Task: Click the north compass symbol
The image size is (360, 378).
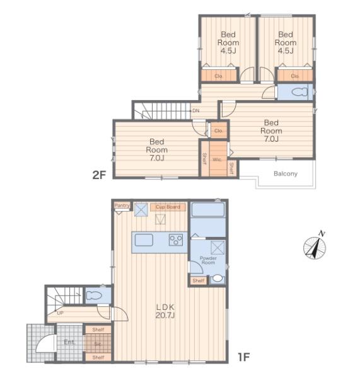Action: pyautogui.click(x=315, y=248)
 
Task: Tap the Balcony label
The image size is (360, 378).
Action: pyautogui.click(x=286, y=174)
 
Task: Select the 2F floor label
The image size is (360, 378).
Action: pyautogui.click(x=99, y=175)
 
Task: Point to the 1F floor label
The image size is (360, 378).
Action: pyautogui.click(x=244, y=357)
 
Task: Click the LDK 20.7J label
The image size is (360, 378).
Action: pyautogui.click(x=165, y=311)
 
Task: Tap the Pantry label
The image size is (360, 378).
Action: pyautogui.click(x=122, y=205)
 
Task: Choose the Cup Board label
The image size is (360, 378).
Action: pyautogui.click(x=168, y=207)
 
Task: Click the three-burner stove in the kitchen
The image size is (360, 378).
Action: pyautogui.click(x=176, y=240)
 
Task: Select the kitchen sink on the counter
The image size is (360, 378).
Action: pyautogui.click(x=144, y=240)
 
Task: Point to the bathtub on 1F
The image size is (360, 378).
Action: pyautogui.click(x=208, y=210)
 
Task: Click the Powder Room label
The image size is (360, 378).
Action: pyautogui.click(x=208, y=260)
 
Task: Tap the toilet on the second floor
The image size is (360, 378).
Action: pyautogui.click(x=299, y=92)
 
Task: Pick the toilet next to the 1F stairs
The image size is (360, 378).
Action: pyautogui.click(x=93, y=295)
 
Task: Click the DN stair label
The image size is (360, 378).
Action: pyautogui.click(x=196, y=111)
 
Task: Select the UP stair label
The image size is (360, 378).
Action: pyautogui.click(x=60, y=313)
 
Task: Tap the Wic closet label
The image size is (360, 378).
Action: pyautogui.click(x=217, y=159)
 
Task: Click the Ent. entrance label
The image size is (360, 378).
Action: pyautogui.click(x=69, y=342)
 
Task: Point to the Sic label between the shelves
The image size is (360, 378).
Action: pyautogui.click(x=98, y=344)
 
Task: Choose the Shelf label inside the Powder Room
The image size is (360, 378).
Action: pyautogui.click(x=199, y=280)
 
